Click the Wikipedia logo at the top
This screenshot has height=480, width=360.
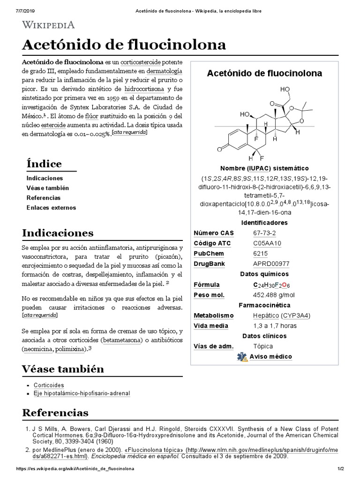coord(48,25)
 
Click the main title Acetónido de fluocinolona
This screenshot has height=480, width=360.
coord(124,45)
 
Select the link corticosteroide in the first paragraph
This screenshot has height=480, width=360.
coord(140,62)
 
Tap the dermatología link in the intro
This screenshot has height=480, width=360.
coord(164,71)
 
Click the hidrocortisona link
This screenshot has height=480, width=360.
coord(144,89)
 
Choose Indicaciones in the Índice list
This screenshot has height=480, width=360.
coord(45,178)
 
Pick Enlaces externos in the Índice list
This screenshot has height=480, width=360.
coord(51,208)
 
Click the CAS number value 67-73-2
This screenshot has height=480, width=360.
coord(264,233)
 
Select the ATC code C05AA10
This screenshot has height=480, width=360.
coord(267,243)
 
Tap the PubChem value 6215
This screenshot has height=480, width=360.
coord(261,254)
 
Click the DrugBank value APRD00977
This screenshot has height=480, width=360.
coord(272,264)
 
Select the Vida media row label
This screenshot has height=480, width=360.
coord(211,326)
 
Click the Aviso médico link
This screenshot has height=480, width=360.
coord(270,357)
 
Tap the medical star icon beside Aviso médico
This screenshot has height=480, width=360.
coord(242,357)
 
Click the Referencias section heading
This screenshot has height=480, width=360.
coord(55,413)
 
